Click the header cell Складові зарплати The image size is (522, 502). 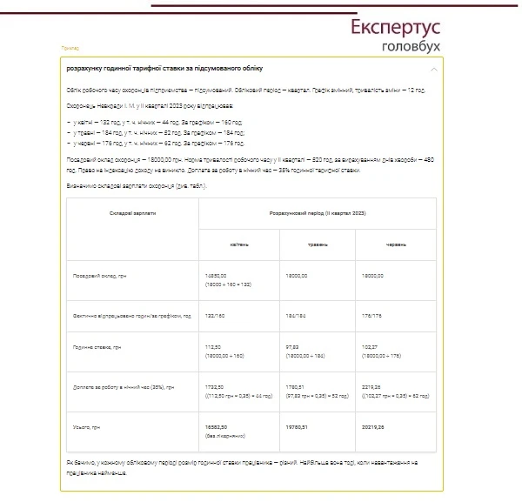(133, 212)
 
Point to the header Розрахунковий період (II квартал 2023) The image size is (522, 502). (317, 212)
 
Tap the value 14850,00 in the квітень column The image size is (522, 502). (213, 275)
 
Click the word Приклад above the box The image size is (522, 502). (70, 48)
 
